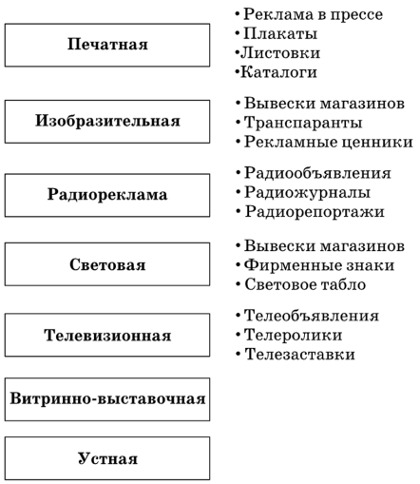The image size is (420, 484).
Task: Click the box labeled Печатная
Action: click(107, 45)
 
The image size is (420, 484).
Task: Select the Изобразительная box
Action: click(107, 122)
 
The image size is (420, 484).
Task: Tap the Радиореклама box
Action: click(107, 195)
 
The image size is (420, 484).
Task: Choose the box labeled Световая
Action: click(107, 264)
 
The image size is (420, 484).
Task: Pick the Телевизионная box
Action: click(107, 335)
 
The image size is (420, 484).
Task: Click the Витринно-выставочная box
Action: click(107, 399)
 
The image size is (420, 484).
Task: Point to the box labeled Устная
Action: click(107, 458)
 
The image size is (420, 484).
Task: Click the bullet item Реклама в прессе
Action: click(309, 14)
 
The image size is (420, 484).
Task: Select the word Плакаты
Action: click(280, 33)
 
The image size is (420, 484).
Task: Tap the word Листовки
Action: click(280, 52)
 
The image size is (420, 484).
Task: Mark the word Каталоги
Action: click(278, 72)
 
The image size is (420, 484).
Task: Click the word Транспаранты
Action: click(303, 123)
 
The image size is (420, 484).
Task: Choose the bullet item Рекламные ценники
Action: click(324, 142)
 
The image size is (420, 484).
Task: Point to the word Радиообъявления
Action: click(317, 173)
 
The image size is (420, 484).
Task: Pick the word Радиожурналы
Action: click(307, 193)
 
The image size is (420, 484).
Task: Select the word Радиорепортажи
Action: click(315, 212)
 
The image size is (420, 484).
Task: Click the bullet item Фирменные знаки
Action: click(315, 265)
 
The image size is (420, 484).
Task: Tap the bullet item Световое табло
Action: click(301, 284)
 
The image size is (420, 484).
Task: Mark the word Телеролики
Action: click(293, 335)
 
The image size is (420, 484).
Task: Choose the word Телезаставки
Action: click(300, 355)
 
